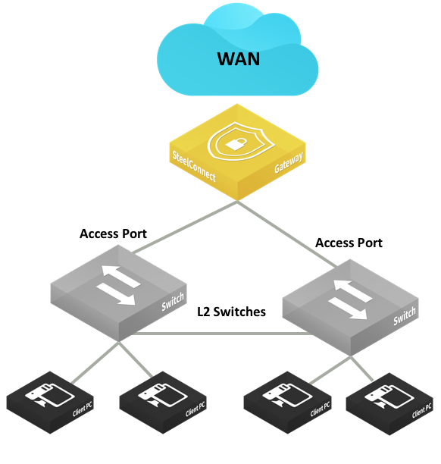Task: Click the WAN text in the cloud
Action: pos(239,59)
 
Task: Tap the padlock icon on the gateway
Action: pos(236,143)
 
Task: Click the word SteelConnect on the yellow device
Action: pos(194,166)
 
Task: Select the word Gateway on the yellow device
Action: pos(289,162)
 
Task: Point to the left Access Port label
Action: pos(114,234)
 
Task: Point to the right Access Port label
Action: pos(349,243)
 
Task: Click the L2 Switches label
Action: pos(231,312)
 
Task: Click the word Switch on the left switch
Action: pos(173,302)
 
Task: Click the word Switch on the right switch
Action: pos(405,316)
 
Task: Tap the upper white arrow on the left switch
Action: pos(120,276)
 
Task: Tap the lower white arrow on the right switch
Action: pos(349,309)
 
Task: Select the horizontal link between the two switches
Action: pos(222,334)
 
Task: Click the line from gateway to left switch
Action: pos(184,227)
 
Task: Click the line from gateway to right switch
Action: pos(287,234)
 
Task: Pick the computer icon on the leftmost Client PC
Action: pos(49,395)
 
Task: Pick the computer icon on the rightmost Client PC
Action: pos(389,397)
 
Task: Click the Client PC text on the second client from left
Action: pos(195,409)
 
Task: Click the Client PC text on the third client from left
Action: pos(320,409)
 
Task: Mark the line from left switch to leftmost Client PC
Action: pos(95,362)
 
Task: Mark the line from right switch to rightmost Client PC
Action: pos(361,368)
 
